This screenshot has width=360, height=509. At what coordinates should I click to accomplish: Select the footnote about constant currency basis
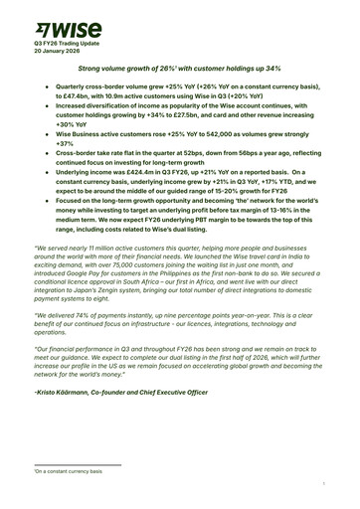60,471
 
